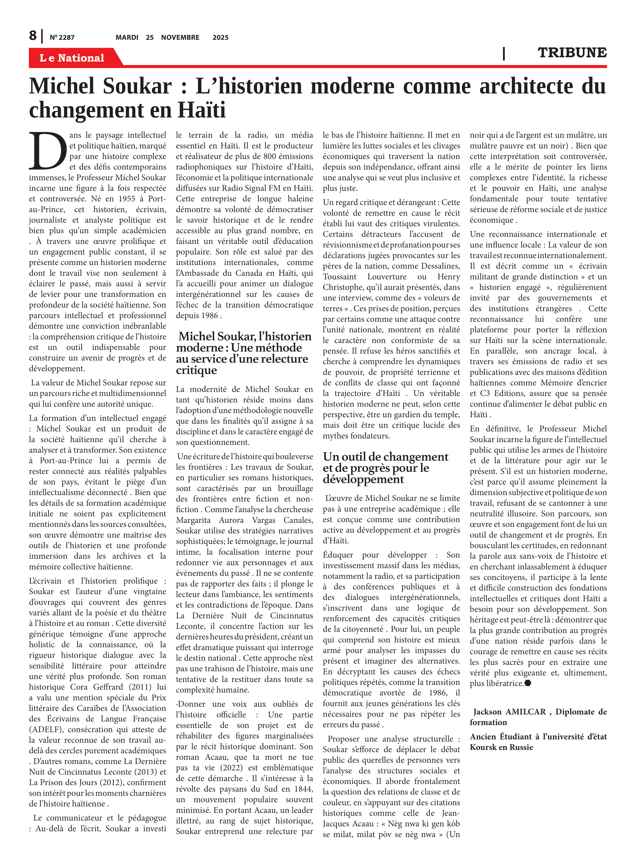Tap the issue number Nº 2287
(62, 37)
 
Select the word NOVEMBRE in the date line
(180, 37)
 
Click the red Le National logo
(72, 58)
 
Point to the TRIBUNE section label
(572, 52)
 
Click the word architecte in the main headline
(526, 86)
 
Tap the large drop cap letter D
(48, 151)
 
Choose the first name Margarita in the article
(193, 520)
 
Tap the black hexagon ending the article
(528, 683)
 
